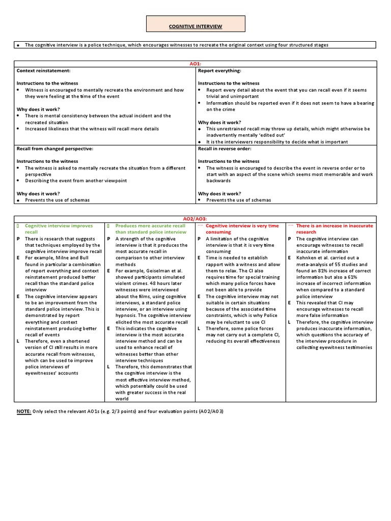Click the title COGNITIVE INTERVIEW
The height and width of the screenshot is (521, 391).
[x=195, y=26]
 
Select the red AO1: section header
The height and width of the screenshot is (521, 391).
[x=195, y=64]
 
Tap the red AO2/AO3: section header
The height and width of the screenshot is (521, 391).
[x=195, y=218]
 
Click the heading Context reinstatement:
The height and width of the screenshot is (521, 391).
[x=44, y=70]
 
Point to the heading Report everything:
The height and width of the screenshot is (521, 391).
[x=219, y=70]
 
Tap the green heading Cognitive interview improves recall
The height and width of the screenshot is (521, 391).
[x=59, y=228]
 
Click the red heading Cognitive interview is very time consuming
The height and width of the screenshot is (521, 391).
[x=242, y=228]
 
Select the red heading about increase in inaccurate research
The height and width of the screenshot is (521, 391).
[x=334, y=228]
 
